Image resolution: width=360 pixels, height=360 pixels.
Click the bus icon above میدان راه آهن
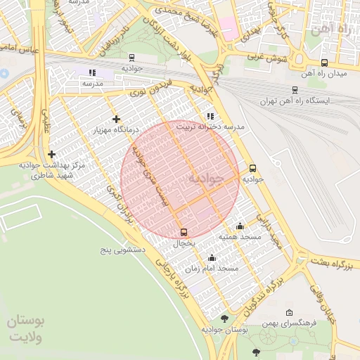(323, 63)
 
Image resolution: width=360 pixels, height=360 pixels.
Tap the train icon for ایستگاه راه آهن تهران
(294, 90)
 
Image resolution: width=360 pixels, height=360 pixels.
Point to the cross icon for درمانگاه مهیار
(116, 119)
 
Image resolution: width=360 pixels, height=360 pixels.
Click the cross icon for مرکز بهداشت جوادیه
(51, 154)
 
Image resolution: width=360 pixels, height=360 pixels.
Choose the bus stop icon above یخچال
(184, 232)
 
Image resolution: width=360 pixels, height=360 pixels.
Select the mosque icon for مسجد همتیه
(240, 226)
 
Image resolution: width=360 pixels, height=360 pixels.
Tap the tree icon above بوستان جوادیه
(224, 319)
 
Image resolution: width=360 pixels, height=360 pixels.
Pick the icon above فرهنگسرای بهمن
(289, 313)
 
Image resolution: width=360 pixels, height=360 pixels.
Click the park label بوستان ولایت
(27, 328)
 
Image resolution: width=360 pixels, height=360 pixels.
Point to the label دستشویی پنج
(120, 250)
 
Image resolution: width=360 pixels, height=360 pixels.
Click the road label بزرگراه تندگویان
(265, 295)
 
